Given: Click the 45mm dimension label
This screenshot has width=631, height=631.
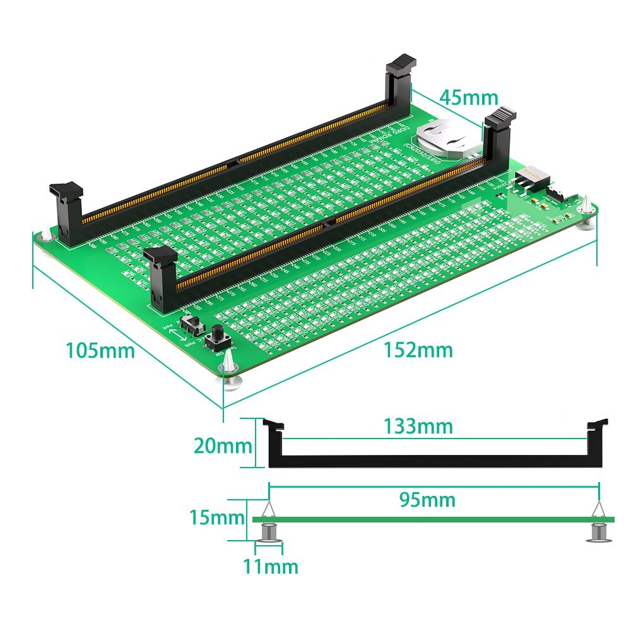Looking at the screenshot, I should (x=469, y=98).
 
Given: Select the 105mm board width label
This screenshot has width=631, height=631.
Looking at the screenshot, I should (x=100, y=350).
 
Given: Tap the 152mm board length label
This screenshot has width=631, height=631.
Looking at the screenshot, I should (x=418, y=350).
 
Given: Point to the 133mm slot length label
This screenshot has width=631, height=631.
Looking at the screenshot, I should (x=418, y=427).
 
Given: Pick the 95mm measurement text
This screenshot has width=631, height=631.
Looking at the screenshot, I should (x=427, y=500).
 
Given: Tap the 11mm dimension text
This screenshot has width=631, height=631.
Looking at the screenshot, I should (x=271, y=567).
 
